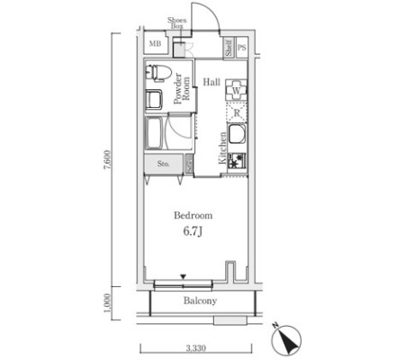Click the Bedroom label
pyautogui.click(x=193, y=215)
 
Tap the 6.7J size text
pyautogui.click(x=193, y=231)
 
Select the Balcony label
pyautogui.click(x=200, y=301)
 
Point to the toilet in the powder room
pyautogui.click(x=158, y=72)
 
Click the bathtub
pyautogui.click(x=154, y=133)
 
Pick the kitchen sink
pyautogui.click(x=237, y=134)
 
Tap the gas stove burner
pyautogui.click(x=237, y=161)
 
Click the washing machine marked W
pyautogui.click(x=237, y=90)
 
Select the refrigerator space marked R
pyautogui.click(x=237, y=112)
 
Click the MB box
pyautogui.click(x=155, y=43)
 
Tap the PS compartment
pyautogui.click(x=242, y=47)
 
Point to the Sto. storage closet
pyautogui.click(x=164, y=164)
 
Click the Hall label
pyautogui.click(x=211, y=82)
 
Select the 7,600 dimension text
pyautogui.click(x=108, y=159)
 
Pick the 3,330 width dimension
pyautogui.click(x=196, y=348)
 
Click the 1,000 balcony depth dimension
pyautogui.click(x=108, y=303)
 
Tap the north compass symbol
pyautogui.click(x=286, y=339)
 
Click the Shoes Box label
pyautogui.click(x=177, y=22)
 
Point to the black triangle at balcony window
pyautogui.click(x=184, y=276)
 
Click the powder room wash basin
pyautogui.click(x=154, y=99)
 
